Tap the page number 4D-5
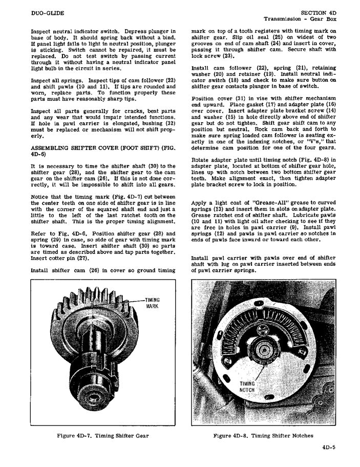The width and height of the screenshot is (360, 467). pyautogui.click(x=329, y=446)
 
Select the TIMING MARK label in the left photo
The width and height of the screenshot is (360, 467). pyautogui.click(x=153, y=303)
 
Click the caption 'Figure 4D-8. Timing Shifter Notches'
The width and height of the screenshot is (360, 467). pyautogui.click(x=263, y=436)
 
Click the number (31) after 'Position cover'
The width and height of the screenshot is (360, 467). pyautogui.click(x=230, y=98)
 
